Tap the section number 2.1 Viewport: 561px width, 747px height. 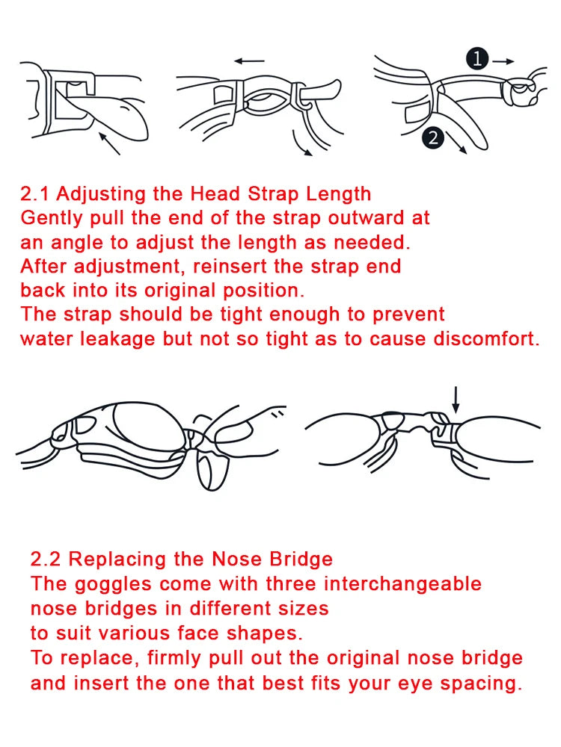36,194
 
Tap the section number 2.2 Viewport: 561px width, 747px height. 46,559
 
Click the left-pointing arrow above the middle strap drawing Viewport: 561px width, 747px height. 249,61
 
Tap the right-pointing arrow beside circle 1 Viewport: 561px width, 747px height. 504,58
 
